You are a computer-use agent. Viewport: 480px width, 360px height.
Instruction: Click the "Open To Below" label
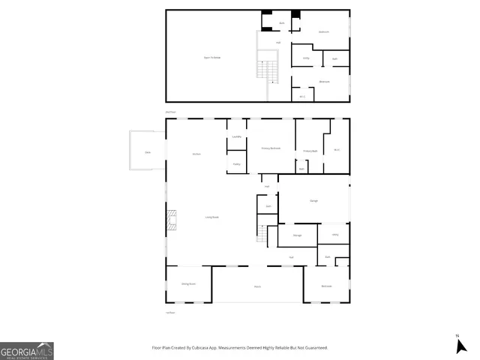click(x=212, y=57)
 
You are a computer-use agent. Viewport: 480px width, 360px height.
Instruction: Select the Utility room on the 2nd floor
click(x=306, y=58)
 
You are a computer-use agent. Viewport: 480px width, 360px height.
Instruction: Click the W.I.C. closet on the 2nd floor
click(x=302, y=95)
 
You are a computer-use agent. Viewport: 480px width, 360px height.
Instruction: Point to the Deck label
click(x=147, y=153)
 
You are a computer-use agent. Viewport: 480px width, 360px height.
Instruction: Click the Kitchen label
click(x=196, y=154)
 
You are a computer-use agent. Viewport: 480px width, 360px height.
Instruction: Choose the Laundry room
click(x=236, y=136)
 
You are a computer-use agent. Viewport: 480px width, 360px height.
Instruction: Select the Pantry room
click(x=236, y=163)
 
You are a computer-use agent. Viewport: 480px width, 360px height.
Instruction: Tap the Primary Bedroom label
click(x=271, y=148)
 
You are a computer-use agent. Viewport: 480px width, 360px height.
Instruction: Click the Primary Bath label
click(x=311, y=151)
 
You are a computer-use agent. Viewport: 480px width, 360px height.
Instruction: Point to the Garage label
click(x=314, y=200)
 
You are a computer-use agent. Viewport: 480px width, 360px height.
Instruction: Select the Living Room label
click(x=212, y=217)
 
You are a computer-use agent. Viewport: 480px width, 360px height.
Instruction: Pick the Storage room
click(x=297, y=236)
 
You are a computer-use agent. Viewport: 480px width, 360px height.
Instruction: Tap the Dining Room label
click(x=188, y=283)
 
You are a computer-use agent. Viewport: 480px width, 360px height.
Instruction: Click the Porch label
click(x=257, y=286)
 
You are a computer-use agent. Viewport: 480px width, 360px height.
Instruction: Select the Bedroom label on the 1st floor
click(x=327, y=286)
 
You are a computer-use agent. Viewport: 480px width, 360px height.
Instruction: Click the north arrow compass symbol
click(x=461, y=345)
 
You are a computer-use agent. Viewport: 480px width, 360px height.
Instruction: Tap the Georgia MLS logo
click(x=27, y=351)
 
